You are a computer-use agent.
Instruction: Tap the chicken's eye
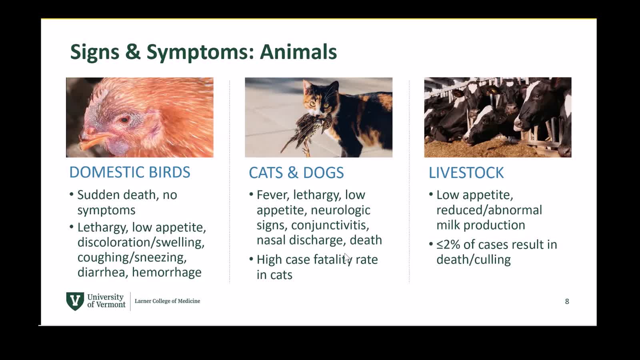pos(124,120)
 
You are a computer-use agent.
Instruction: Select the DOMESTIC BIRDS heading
pos(130,172)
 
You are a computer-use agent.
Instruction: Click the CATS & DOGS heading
pos(296,172)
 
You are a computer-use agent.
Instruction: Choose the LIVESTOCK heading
pos(466,172)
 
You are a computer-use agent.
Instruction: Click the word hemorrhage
pos(167,272)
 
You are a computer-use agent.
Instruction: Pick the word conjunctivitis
pos(330,225)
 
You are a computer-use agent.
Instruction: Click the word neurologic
pos(340,210)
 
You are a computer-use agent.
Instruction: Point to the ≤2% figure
pos(448,244)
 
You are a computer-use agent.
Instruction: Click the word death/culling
pos(474,260)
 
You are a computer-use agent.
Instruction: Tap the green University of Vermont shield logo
pos(75,301)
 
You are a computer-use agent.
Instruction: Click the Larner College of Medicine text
pos(168,301)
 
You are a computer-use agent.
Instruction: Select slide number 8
pos(567,302)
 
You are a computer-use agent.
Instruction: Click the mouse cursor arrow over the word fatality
pos(347,258)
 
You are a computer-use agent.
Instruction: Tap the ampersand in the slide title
pos(133,52)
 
